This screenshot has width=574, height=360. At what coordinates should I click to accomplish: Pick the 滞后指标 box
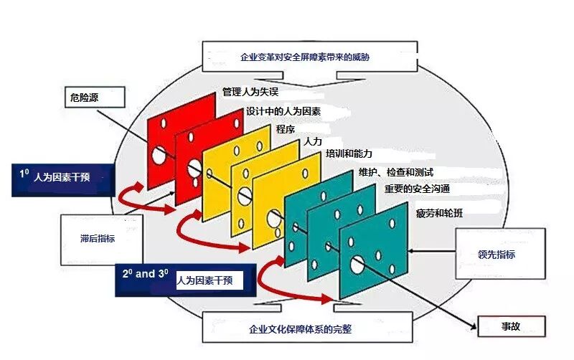pyautogui.click(x=97, y=238)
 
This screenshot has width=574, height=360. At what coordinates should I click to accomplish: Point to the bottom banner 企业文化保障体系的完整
pyautogui.click(x=310, y=328)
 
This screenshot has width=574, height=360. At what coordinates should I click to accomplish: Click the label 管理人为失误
pyautogui.click(x=251, y=92)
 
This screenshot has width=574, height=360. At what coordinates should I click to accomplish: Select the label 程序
pyautogui.click(x=286, y=129)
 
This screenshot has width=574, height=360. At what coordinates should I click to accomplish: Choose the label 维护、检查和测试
pyautogui.click(x=395, y=174)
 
